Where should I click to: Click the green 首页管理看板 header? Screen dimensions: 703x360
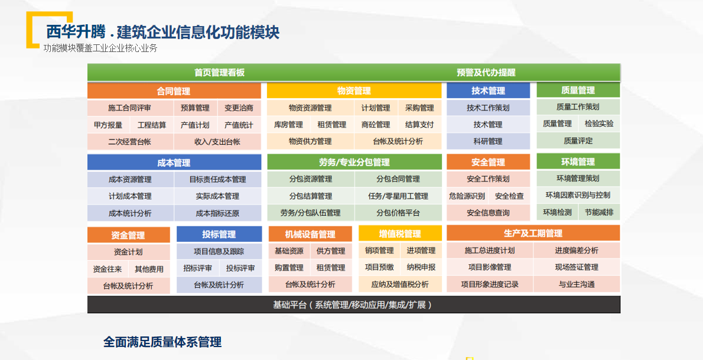coord(219,72)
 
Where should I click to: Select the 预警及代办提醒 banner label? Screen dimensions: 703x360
coord(486,72)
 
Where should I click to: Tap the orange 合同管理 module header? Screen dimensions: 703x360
coord(174,91)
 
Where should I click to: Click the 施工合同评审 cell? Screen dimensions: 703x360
coord(130,108)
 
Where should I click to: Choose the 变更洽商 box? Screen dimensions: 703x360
coord(239,108)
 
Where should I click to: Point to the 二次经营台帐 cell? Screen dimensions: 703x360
coord(130,142)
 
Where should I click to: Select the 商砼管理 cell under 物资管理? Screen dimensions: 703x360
coord(376,124)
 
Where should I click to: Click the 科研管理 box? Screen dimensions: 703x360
coord(488,141)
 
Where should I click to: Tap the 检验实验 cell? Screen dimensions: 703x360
coord(600,124)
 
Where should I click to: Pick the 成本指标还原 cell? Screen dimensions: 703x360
coord(218,213)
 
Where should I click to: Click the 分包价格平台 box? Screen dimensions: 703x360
coord(398,213)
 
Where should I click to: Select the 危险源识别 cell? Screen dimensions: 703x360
coord(467,196)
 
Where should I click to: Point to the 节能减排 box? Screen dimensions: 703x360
coord(600,212)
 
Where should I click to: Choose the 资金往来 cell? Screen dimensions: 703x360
coord(108,270)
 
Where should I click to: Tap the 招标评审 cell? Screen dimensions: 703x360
coord(198,268)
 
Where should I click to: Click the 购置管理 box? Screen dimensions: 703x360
coord(289,268)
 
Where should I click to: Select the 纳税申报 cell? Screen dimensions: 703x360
coord(421,267)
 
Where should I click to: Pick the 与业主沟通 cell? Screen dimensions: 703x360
coord(577,284)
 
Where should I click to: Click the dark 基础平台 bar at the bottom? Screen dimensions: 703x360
coord(354,305)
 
